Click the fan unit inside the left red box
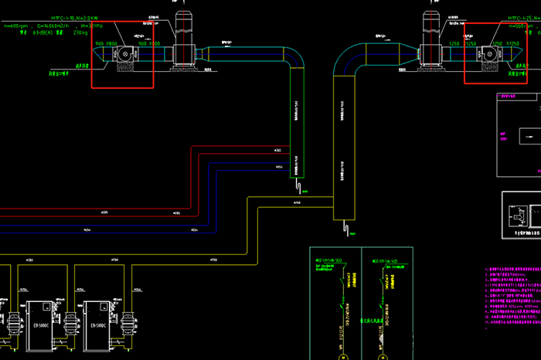click(x=123, y=56)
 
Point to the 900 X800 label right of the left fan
click(x=149, y=44)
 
